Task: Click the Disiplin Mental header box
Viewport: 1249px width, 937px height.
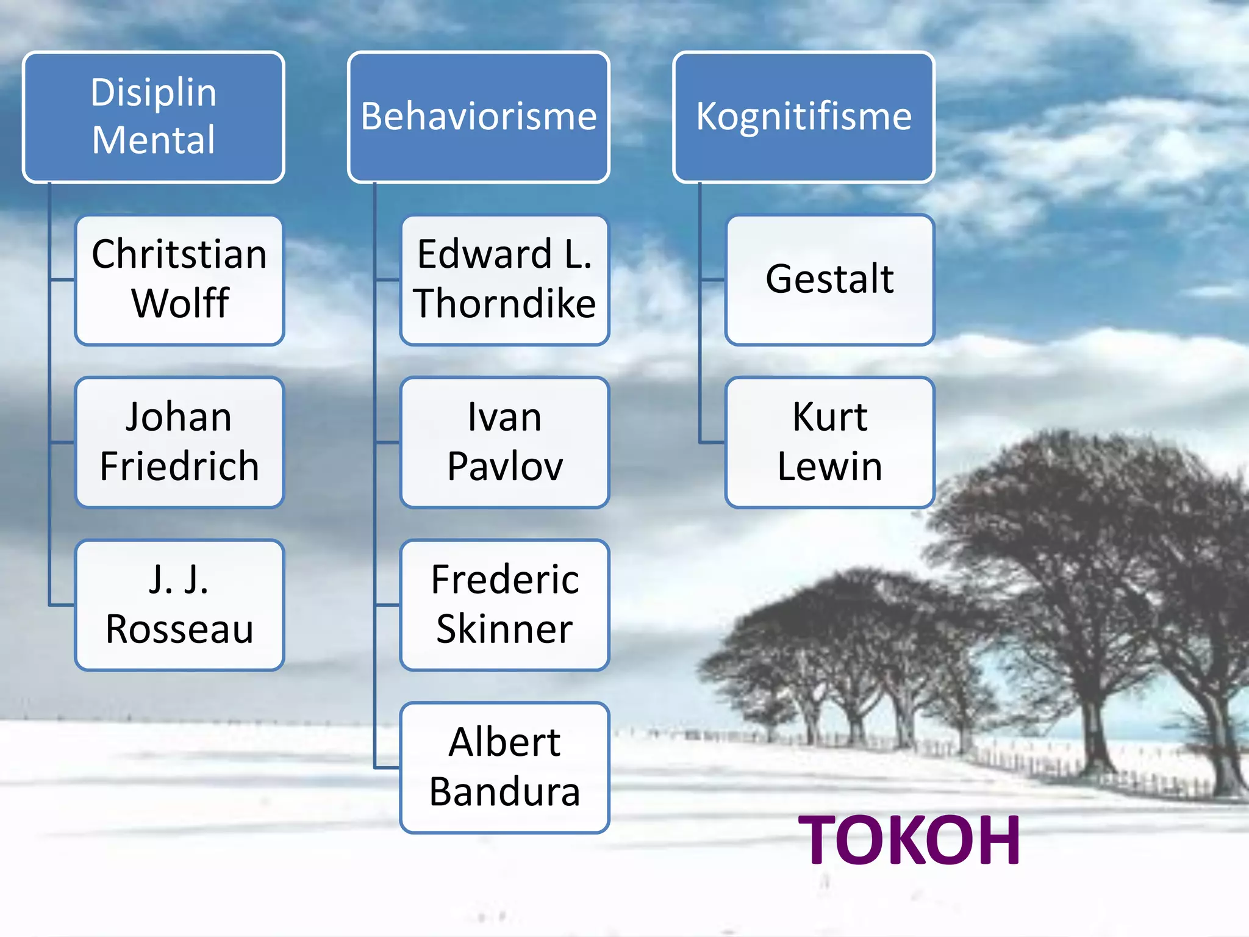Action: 154,117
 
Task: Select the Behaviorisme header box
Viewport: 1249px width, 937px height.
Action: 479,117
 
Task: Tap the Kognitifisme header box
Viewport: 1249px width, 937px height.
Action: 804,117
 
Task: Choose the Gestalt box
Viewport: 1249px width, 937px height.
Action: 829,279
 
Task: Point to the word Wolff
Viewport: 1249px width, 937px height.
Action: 181,303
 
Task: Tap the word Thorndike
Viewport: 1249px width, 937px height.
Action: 505,303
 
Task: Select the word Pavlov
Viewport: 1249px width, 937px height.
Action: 505,467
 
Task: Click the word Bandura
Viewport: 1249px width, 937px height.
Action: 505,792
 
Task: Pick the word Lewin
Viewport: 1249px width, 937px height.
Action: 829,467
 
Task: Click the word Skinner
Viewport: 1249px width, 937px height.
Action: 505,629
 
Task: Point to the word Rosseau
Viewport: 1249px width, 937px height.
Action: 179,629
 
